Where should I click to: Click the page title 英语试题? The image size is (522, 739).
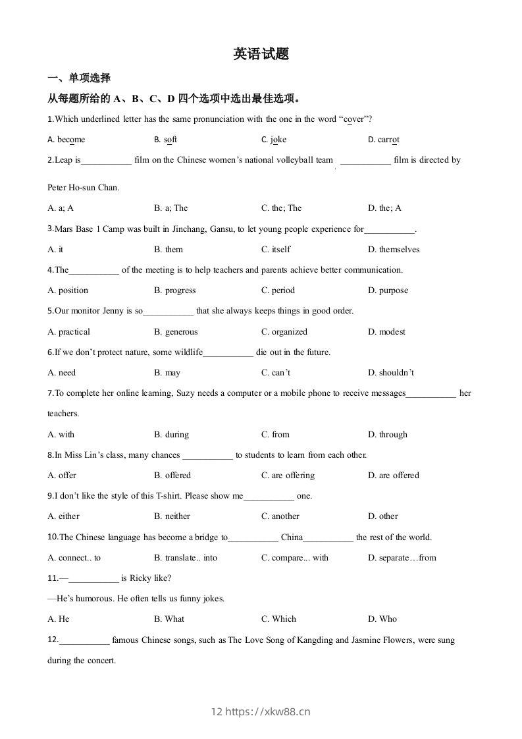[x=261, y=55]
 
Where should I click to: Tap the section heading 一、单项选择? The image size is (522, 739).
[x=79, y=78]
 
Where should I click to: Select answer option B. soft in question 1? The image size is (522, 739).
[x=166, y=140]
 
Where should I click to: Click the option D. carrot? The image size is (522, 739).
[x=384, y=140]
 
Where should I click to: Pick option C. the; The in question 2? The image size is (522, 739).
[x=281, y=208]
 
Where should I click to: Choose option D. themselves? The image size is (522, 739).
[x=394, y=250]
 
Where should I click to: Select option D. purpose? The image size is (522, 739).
[x=388, y=290]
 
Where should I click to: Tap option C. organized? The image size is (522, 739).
[x=284, y=332]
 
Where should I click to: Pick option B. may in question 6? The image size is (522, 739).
[x=167, y=373]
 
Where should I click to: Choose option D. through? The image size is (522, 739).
[x=388, y=435]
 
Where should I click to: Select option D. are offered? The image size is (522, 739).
[x=394, y=476]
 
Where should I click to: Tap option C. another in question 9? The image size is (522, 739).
[x=280, y=516]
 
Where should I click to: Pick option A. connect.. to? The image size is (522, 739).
[x=74, y=558]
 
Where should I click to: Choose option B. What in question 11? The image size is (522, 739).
[x=169, y=619]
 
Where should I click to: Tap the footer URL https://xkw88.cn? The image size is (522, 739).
[x=268, y=712]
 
